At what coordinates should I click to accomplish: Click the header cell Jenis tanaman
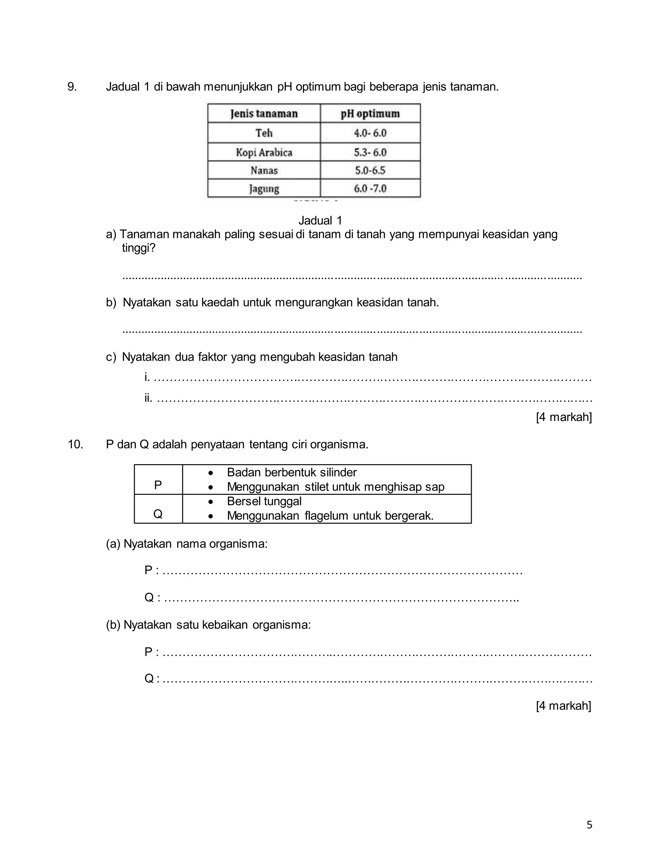(264, 114)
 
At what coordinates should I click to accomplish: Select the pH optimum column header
(370, 114)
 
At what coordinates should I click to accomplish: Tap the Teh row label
(264, 133)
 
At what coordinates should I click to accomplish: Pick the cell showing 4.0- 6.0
(370, 133)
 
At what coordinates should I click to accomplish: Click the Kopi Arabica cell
(264, 152)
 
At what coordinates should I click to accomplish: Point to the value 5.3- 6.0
(370, 152)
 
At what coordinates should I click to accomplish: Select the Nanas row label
(264, 170)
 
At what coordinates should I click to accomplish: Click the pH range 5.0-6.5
(370, 170)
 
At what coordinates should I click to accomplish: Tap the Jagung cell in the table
(264, 189)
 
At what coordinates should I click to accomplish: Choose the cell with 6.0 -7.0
(370, 189)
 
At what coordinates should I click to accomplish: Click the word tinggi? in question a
(138, 248)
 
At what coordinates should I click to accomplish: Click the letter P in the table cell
(158, 485)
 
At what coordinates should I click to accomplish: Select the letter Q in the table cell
(158, 514)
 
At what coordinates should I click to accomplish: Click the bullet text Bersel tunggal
(264, 501)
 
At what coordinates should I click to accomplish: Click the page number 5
(589, 825)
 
